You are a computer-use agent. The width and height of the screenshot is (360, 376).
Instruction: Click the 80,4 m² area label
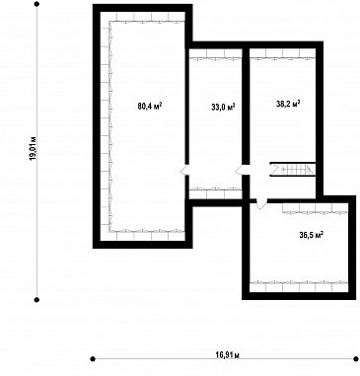(x=150, y=106)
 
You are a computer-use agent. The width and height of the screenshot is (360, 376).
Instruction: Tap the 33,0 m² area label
(x=223, y=107)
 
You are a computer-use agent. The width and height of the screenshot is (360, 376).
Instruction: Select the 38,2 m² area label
(x=288, y=104)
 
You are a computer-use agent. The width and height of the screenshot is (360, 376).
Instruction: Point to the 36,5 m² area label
(x=311, y=235)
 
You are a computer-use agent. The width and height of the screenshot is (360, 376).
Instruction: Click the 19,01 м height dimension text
(x=33, y=148)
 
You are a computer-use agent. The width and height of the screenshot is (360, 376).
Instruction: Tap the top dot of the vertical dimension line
(x=36, y=4)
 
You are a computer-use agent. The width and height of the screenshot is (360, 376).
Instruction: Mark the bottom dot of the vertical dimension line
(x=36, y=300)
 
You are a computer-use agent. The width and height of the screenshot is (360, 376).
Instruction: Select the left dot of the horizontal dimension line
(x=93, y=358)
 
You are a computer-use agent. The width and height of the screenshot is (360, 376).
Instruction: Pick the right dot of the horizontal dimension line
(x=356, y=358)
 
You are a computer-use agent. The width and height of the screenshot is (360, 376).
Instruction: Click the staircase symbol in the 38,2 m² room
(x=293, y=170)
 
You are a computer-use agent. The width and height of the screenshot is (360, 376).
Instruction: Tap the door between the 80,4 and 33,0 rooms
(x=184, y=170)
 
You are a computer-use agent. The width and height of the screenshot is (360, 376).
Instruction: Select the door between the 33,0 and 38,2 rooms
(x=242, y=170)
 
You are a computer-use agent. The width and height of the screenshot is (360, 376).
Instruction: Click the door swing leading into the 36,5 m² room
(x=261, y=204)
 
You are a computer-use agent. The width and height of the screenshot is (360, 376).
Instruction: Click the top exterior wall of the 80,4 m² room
(x=142, y=8)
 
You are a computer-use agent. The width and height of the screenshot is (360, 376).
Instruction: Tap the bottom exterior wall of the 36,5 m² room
(x=299, y=296)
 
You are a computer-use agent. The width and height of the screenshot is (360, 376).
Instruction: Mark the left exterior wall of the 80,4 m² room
(x=97, y=126)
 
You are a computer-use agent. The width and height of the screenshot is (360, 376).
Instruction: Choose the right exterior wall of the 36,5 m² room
(x=352, y=248)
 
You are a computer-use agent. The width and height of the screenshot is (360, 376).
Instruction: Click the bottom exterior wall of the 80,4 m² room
(x=142, y=244)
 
